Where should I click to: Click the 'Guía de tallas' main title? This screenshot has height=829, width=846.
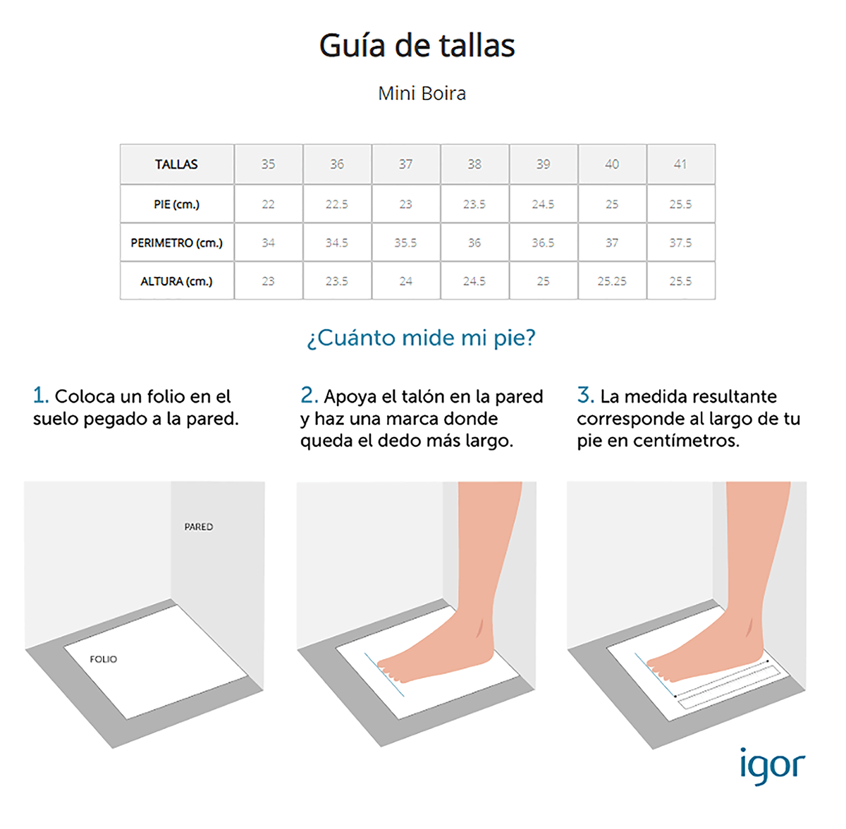(417, 46)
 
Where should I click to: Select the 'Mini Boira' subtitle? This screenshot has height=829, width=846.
(422, 94)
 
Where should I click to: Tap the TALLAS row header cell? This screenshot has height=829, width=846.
(176, 164)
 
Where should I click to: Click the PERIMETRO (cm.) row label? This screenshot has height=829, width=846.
(176, 242)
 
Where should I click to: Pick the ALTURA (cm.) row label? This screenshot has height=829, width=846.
(176, 281)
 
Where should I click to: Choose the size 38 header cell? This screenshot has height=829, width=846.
(474, 164)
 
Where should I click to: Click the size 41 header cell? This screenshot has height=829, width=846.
(680, 164)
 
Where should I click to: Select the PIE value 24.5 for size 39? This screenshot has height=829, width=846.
(543, 204)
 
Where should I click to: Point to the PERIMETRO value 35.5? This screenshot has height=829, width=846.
(405, 242)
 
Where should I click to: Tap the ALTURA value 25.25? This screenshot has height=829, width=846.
(612, 281)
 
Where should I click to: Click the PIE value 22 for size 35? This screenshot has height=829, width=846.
(268, 204)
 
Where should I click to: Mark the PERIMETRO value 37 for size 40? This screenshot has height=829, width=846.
(612, 242)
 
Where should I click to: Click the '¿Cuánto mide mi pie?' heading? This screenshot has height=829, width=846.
(421, 338)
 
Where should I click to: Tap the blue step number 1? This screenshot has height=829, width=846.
(40, 395)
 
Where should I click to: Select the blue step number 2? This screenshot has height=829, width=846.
(309, 395)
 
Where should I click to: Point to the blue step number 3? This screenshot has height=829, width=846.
(586, 395)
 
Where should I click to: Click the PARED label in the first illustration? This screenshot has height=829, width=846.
(198, 527)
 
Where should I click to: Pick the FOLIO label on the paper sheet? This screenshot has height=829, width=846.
(104, 659)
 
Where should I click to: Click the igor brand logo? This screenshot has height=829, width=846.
(773, 768)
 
